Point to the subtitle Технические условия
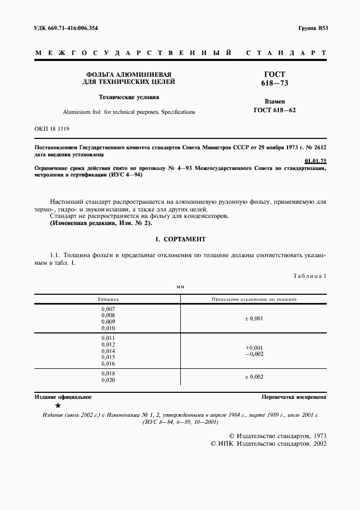[x=129, y=98]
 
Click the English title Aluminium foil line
[x=129, y=112]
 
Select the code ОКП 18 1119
[x=52, y=129]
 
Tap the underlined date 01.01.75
[x=315, y=161]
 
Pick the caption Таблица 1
[x=309, y=276]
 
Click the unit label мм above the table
[x=180, y=286]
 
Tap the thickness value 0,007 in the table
[x=108, y=309]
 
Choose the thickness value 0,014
[x=108, y=350]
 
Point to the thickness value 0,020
[x=108, y=380]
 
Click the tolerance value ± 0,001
[x=253, y=318]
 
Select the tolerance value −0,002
[x=253, y=354]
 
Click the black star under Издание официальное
[x=58, y=406]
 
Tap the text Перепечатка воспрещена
[x=294, y=398]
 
